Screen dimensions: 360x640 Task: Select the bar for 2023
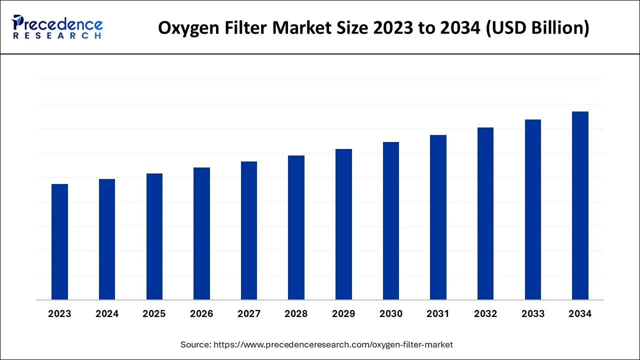pos(59,242)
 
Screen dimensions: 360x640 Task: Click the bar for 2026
pos(201,233)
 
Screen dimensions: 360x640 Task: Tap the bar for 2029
pos(343,224)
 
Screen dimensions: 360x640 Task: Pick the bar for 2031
pos(438,217)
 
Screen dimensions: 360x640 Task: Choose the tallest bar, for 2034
pos(580,205)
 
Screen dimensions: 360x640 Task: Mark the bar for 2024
pos(107,239)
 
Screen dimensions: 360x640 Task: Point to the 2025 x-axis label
pos(154,313)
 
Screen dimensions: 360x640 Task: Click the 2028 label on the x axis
pos(296,313)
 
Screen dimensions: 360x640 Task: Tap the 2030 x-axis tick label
pos(391,313)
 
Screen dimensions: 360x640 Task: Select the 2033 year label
pos(533,313)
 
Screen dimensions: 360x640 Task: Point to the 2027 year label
pos(249,313)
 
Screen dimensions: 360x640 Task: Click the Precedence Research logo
pos(57,27)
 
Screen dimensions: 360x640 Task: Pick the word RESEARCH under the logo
pos(57,36)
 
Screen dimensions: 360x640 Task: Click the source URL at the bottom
pos(333,344)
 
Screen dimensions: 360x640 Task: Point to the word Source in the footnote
pos(195,344)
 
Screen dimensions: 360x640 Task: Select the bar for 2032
pos(485,213)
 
